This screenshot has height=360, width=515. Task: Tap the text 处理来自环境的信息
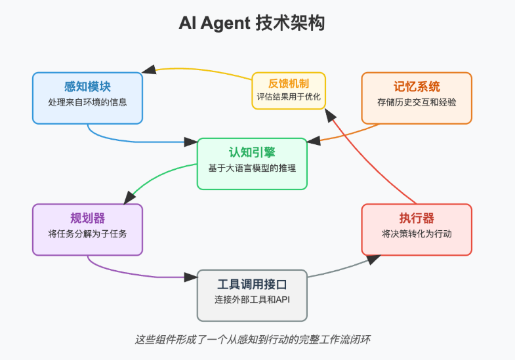coord(87,103)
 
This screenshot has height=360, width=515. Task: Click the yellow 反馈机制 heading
coord(289,83)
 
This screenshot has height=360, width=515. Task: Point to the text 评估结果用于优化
coord(289,98)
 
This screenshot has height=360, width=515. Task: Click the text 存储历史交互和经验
coord(417,103)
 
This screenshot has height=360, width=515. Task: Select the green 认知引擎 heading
coord(252,153)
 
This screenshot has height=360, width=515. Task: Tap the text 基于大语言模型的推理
coord(252,169)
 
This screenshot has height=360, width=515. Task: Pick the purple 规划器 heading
coord(87,218)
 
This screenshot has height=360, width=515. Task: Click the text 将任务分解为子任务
coord(87,234)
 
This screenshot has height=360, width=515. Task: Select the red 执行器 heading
coord(417,218)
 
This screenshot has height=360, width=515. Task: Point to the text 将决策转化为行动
coord(417,234)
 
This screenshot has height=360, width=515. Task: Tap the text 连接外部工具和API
coord(252,300)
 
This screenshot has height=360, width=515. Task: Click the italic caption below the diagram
coord(257,340)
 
